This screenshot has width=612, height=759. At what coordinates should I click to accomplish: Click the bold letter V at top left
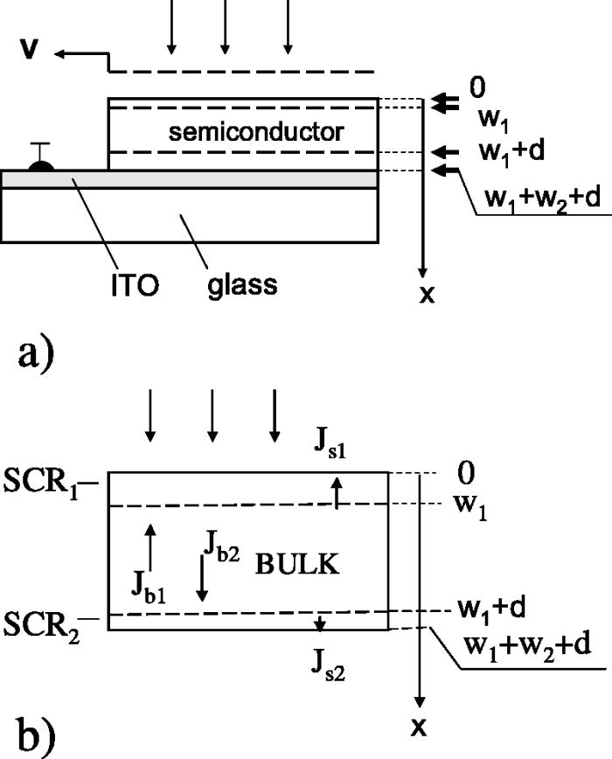point(30,50)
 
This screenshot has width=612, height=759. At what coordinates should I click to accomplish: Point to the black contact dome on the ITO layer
point(40,163)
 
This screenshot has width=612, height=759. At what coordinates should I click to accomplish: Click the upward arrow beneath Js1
point(337,491)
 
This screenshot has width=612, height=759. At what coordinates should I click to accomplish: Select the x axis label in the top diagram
point(427,296)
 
